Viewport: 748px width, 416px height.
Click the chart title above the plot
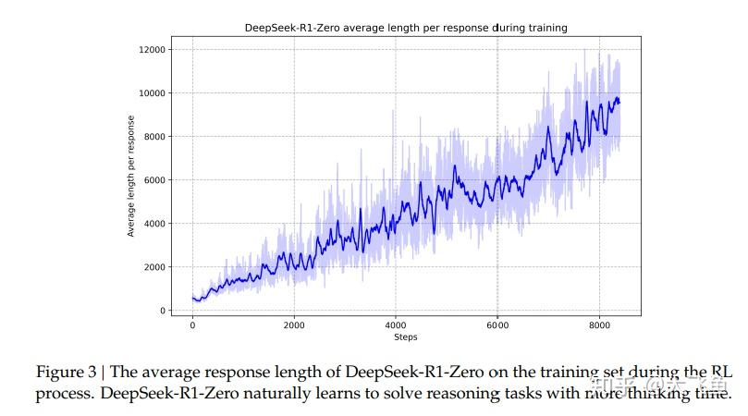click(406, 28)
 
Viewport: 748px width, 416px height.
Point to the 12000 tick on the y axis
click(150, 49)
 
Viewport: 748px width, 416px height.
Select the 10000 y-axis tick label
click(150, 92)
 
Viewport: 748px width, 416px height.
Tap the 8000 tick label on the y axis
click(153, 136)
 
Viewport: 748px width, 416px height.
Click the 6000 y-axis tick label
click(153, 179)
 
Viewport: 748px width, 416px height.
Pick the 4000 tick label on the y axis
click(153, 223)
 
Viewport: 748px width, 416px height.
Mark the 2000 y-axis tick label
click(153, 266)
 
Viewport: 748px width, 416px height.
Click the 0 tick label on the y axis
click(162, 311)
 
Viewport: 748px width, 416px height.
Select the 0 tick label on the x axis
click(192, 325)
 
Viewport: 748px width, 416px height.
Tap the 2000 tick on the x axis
click(294, 325)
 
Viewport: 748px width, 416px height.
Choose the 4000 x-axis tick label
click(396, 325)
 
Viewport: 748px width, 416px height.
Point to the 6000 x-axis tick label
click(497, 325)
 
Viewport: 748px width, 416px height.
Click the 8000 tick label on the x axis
click(599, 325)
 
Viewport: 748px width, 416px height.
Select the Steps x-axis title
click(405, 337)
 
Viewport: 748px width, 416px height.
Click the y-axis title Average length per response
click(131, 176)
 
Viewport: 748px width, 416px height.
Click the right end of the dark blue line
click(619, 102)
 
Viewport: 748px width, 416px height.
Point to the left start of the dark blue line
click(192, 298)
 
